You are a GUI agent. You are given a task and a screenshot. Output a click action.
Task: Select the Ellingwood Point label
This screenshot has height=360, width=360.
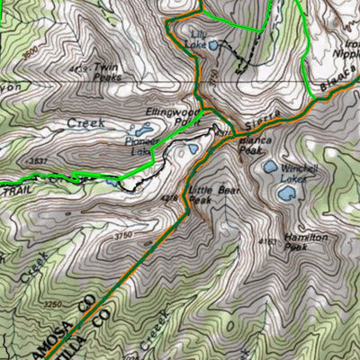pyautogui.click(x=170, y=117)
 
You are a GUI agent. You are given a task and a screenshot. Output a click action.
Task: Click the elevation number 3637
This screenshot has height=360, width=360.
pyautogui.click(x=38, y=161)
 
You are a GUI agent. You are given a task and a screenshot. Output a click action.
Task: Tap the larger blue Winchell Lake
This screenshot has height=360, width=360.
pyautogui.click(x=271, y=166)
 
